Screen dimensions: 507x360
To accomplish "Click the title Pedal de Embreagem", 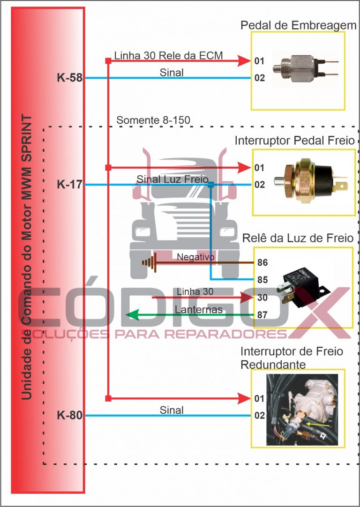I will [299, 25].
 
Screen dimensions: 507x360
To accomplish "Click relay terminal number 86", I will [262, 263].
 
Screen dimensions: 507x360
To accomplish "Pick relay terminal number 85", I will [262, 280].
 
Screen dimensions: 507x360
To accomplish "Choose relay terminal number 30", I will [262, 298].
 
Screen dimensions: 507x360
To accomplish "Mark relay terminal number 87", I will [262, 315].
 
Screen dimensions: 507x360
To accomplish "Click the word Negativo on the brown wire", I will [195, 257].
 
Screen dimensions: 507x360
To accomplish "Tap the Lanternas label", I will [198, 310].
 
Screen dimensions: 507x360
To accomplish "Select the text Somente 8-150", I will [153, 120].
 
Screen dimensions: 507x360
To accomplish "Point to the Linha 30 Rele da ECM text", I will [168, 55].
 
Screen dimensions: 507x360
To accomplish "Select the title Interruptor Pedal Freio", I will [294, 141].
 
